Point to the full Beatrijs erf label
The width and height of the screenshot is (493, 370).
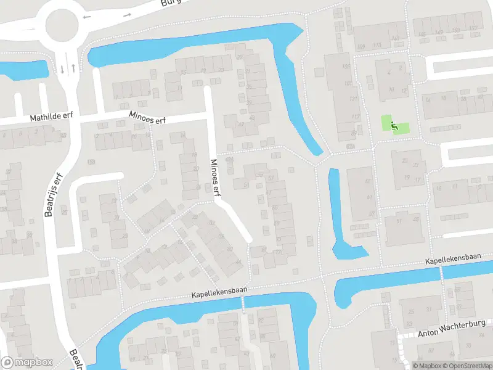[x=54, y=195]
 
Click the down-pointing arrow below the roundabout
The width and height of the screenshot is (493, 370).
[x=62, y=68]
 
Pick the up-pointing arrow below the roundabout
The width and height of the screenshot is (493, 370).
[x=74, y=68]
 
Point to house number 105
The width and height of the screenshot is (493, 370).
[x=346, y=67]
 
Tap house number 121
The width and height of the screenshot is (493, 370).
[x=352, y=99]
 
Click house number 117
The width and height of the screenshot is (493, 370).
[x=355, y=117]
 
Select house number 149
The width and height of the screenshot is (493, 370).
[x=439, y=33]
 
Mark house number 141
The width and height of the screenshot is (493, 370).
[x=395, y=38]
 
